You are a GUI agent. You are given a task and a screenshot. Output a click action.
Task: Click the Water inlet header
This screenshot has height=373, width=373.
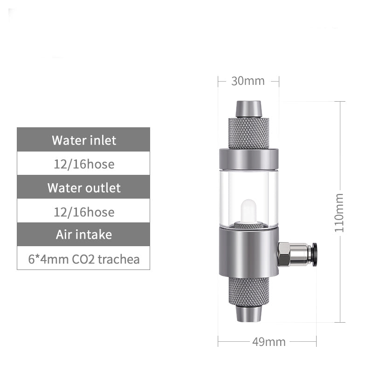click(84, 140)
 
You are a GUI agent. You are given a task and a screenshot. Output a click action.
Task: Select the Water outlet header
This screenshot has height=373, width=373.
click(84, 188)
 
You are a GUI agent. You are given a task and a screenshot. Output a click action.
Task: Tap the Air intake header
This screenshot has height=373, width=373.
click(84, 234)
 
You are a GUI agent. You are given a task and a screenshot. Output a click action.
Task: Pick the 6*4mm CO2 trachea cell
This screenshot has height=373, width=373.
click(84, 259)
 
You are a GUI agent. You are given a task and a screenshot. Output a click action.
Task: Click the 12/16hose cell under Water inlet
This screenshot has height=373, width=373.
click(84, 164)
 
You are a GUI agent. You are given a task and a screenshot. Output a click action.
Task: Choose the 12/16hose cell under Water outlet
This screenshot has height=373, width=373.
click(84, 212)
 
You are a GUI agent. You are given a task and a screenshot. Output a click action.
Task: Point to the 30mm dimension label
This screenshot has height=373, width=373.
click(248, 81)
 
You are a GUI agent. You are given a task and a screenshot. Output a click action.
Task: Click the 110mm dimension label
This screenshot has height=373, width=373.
click(339, 212)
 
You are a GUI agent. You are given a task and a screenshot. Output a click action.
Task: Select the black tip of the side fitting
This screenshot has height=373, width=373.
click(315, 255)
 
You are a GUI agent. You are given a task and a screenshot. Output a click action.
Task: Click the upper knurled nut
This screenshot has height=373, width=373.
click(249, 133)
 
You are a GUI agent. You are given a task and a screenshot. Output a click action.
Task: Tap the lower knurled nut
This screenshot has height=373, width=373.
click(249, 290)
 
